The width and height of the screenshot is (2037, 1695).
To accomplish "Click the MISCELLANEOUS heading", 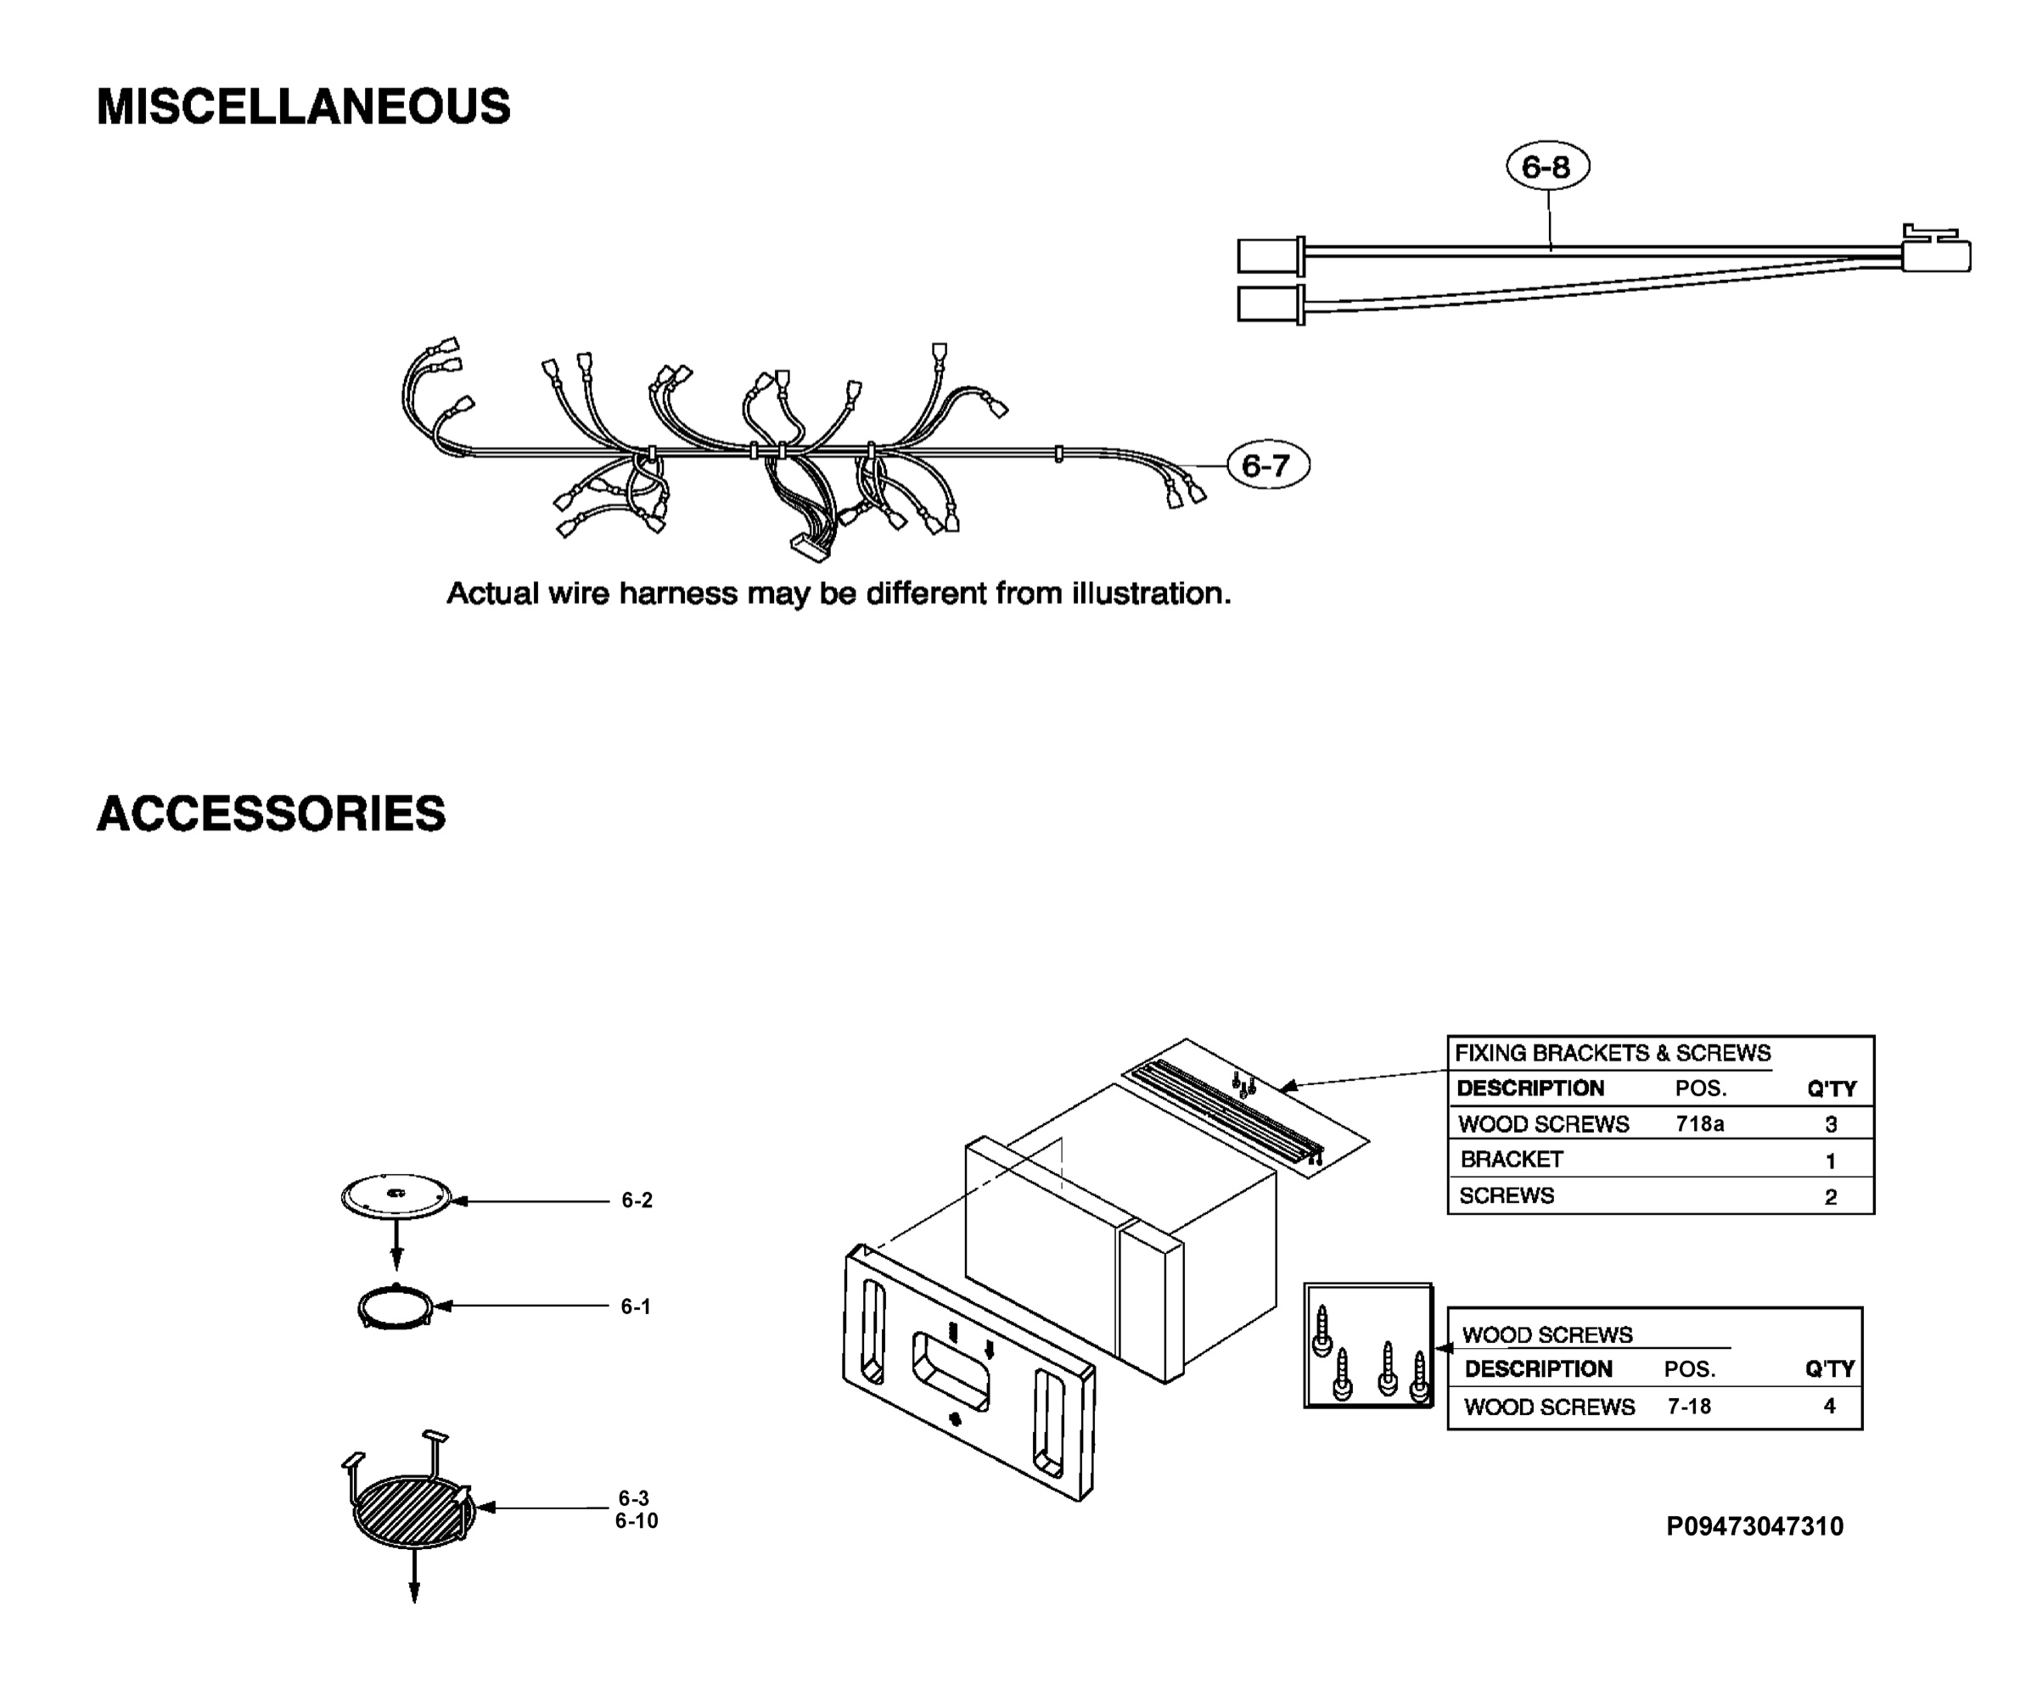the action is [x=304, y=107].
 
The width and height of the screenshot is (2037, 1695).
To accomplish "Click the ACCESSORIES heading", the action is [x=272, y=814].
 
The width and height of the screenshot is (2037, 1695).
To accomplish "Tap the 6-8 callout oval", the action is [x=1547, y=167].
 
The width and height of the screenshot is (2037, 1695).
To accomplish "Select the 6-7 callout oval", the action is [x=1268, y=466].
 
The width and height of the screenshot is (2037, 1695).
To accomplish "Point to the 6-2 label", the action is [x=637, y=1200].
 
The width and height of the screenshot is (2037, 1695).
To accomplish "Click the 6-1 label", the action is [x=637, y=1307].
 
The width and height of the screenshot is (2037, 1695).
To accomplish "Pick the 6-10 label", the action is [x=637, y=1521].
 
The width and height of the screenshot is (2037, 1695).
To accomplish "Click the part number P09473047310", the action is [x=1754, y=1527].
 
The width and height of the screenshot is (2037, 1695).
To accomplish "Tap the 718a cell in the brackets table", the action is [x=1699, y=1124].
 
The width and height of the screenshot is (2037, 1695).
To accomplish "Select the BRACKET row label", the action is [x=1512, y=1160].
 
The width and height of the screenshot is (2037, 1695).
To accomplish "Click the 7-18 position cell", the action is [x=1689, y=1406].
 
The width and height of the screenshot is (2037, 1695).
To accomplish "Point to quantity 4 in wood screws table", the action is [x=1829, y=1406].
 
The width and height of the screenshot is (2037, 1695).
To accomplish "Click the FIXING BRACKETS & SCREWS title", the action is [x=1612, y=1053].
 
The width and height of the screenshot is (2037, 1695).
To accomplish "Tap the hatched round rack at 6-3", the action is [x=412, y=1512].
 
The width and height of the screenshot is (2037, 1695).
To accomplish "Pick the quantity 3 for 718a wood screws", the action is [x=1832, y=1125].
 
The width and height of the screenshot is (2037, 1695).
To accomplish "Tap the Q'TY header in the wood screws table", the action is [x=1829, y=1369].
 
